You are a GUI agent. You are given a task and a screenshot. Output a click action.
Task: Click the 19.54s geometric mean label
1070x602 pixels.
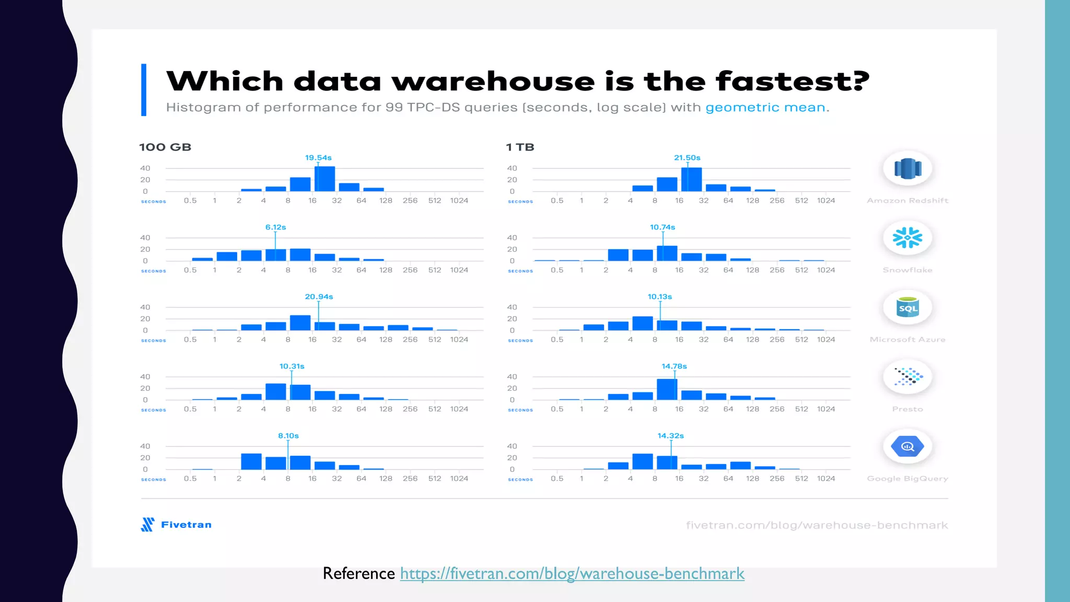tap(318, 158)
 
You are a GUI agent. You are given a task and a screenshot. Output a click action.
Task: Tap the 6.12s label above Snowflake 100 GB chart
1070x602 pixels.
tap(275, 227)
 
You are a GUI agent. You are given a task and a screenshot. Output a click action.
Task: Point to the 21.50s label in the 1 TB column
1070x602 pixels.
tap(687, 158)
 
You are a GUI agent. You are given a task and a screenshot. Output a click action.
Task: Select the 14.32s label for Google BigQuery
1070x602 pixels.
tap(670, 436)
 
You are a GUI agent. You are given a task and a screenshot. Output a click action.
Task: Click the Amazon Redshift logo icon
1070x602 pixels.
tap(908, 169)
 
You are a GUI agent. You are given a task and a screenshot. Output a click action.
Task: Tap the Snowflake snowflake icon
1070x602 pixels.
tap(908, 238)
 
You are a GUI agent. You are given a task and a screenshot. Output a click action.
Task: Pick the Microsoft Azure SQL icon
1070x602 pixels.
tap(908, 308)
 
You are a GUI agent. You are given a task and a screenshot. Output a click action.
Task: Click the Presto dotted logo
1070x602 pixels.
tap(908, 376)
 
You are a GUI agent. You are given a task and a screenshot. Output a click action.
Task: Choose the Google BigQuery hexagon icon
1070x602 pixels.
tap(908, 446)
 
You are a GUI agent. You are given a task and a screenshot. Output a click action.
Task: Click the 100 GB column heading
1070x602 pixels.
tap(165, 147)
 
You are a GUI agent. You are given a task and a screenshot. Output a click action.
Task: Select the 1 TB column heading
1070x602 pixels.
tap(520, 147)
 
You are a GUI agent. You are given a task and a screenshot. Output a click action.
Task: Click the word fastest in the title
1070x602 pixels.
tap(792, 82)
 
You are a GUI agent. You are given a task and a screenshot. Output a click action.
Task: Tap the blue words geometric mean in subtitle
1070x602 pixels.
tap(765, 108)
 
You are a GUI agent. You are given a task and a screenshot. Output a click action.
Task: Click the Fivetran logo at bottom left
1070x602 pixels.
tap(177, 525)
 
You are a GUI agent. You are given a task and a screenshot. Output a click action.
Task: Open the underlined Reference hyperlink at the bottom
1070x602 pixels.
tap(572, 574)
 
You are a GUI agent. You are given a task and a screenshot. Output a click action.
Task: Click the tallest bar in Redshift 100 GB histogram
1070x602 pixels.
tap(324, 179)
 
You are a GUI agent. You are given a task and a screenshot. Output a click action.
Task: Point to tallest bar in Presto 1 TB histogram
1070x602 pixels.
tap(667, 389)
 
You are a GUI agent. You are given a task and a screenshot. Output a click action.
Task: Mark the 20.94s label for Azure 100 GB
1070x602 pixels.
tap(319, 297)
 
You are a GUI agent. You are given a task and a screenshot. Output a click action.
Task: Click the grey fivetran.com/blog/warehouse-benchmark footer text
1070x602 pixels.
tap(817, 525)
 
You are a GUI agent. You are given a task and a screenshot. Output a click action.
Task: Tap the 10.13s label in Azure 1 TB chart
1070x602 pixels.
tap(660, 297)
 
